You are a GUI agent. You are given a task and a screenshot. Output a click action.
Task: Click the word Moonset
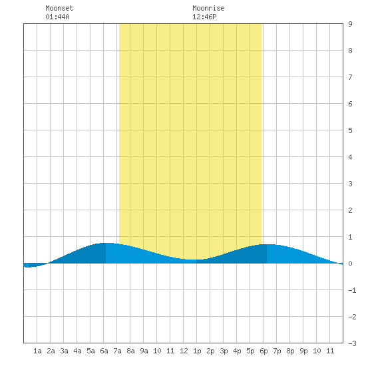click(x=59, y=8)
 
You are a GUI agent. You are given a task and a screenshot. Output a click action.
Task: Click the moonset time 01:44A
click(x=57, y=17)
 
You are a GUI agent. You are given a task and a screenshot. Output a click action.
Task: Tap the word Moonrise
click(x=208, y=8)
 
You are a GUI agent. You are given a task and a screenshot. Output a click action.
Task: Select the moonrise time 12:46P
click(x=204, y=17)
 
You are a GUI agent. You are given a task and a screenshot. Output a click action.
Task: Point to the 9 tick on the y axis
click(x=350, y=24)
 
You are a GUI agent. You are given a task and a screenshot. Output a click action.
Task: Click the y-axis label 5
click(x=350, y=130)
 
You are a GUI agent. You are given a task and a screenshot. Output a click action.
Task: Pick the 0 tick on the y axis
click(x=350, y=264)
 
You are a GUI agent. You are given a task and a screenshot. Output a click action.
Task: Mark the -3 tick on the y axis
click(x=353, y=343)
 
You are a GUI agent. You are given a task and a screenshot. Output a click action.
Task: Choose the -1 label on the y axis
click(x=353, y=290)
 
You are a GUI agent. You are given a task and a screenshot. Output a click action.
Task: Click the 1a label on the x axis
click(x=37, y=351)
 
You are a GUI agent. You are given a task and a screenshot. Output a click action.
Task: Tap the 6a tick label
click(x=104, y=351)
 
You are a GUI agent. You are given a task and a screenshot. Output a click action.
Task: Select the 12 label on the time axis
click(x=184, y=351)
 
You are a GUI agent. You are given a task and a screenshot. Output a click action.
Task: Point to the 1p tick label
click(x=197, y=351)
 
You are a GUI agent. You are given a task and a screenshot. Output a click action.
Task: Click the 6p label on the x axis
click(x=264, y=351)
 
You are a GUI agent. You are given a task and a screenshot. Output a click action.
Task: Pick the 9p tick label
click(x=303, y=351)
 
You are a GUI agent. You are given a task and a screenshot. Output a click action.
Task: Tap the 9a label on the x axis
click(x=144, y=351)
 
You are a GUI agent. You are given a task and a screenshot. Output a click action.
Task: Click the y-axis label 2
click(x=350, y=210)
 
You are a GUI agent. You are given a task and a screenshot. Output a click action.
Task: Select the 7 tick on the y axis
click(x=350, y=77)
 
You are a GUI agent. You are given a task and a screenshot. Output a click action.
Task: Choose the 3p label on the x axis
click(x=224, y=351)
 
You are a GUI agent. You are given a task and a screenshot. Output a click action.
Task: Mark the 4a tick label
click(x=77, y=351)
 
